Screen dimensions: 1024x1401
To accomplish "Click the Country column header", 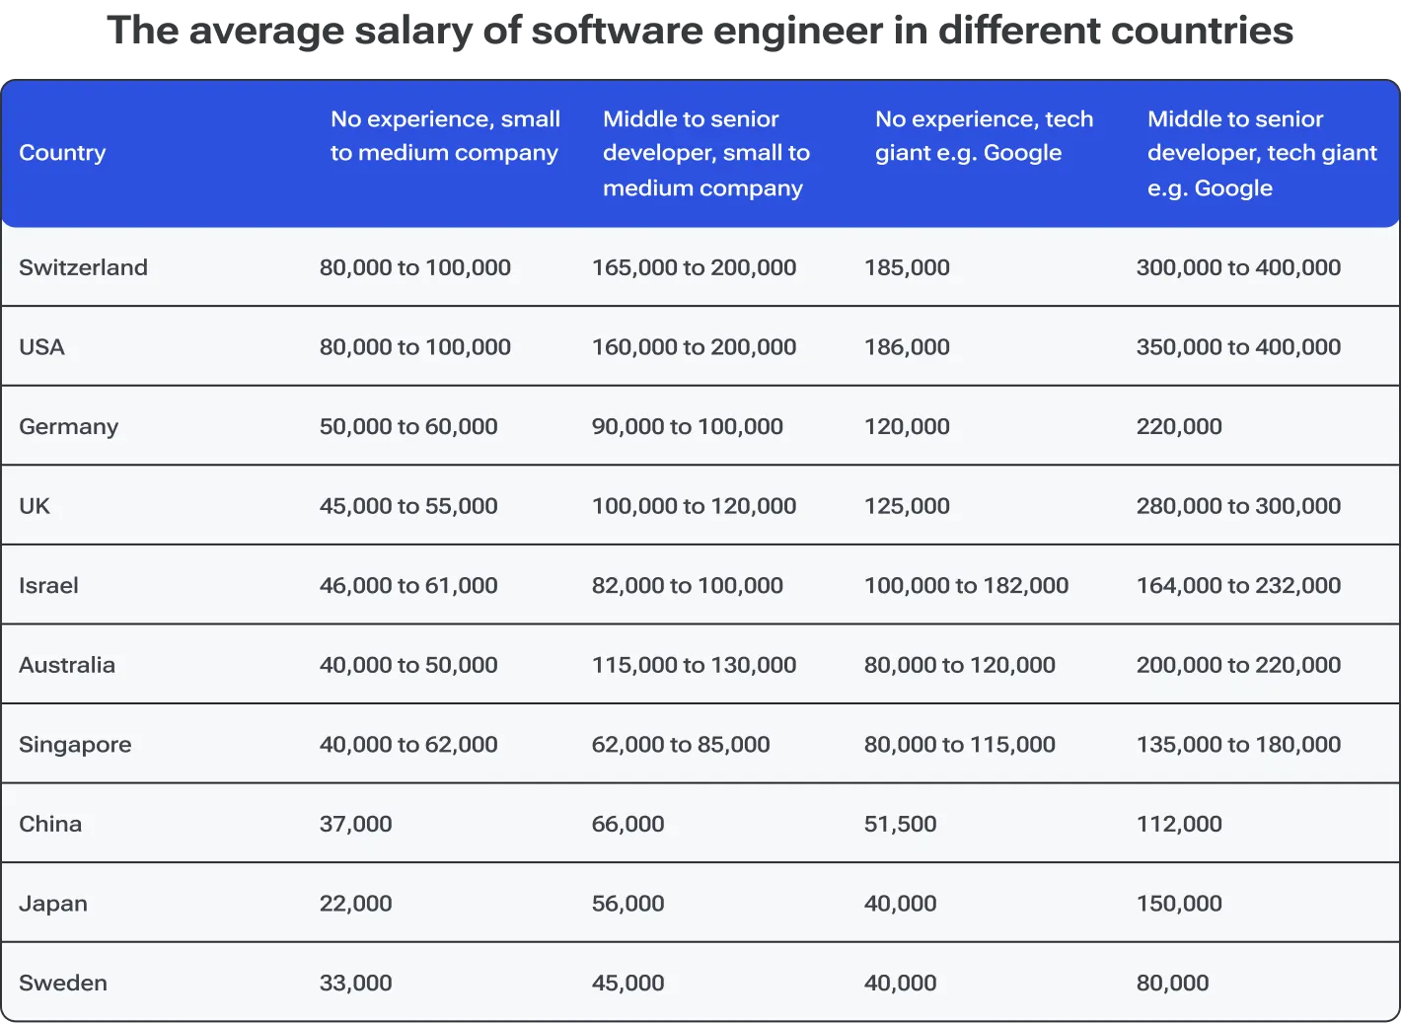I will [62, 153].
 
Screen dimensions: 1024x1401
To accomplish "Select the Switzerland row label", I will [83, 267].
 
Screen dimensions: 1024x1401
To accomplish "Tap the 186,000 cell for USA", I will [907, 347].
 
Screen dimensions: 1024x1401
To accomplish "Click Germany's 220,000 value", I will [1179, 426].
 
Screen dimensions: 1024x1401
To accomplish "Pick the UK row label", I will [35, 506].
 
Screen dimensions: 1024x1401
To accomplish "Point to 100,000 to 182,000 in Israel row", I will [966, 585].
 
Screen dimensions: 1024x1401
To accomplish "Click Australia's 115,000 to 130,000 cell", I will [694, 665].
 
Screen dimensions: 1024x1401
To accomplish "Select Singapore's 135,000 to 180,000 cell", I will [1238, 745].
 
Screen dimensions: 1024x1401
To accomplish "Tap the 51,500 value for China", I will [900, 824].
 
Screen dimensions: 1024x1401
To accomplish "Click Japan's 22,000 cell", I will [355, 904].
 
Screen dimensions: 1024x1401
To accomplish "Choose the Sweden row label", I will [63, 983].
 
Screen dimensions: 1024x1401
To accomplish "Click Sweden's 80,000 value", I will [1172, 983].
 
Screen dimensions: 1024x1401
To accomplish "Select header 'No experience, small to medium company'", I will [445, 136].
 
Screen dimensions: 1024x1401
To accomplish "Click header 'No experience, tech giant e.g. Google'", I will [984, 136].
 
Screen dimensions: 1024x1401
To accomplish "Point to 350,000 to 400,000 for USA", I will [1238, 347].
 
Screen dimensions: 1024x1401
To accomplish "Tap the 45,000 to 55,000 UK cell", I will [408, 506].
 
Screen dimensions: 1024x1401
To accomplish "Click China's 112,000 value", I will [1179, 824].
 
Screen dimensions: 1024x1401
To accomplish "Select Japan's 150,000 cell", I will [1179, 904].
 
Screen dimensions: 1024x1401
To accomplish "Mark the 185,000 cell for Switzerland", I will [907, 267].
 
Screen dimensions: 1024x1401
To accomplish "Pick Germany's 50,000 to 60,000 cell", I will [408, 426].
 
